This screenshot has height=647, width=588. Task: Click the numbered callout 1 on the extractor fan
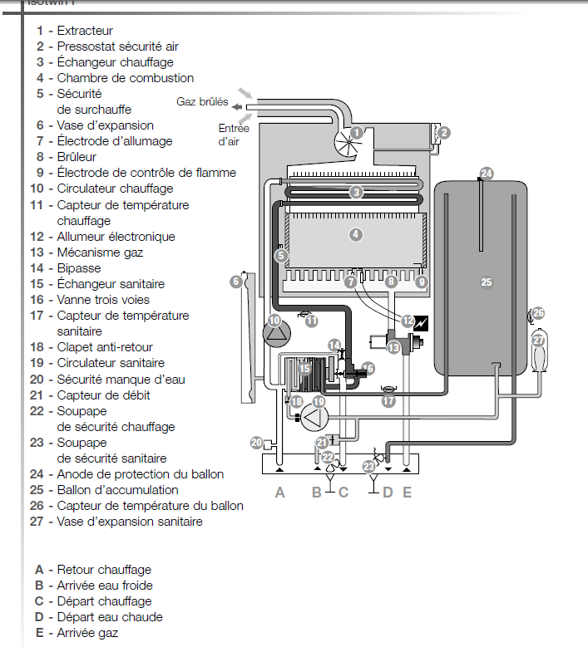[x=356, y=132]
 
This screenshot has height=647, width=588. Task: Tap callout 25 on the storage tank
[x=487, y=282]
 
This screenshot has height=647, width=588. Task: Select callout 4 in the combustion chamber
[x=356, y=235]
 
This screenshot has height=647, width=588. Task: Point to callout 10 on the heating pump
[x=275, y=320]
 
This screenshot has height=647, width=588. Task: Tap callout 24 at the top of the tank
[x=487, y=174]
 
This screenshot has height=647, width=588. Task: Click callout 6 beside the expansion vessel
[x=236, y=282]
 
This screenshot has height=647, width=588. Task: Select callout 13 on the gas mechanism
[x=393, y=347]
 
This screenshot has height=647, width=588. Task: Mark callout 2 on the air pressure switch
[x=444, y=132]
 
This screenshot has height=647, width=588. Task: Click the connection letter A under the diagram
[x=280, y=492]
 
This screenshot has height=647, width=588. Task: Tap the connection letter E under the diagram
[x=407, y=492]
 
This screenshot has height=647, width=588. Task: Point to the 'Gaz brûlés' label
[x=202, y=102]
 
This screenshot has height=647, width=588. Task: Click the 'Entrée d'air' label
[x=234, y=135]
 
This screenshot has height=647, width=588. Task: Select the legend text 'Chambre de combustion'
[x=125, y=78]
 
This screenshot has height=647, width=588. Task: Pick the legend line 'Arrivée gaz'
[x=87, y=633]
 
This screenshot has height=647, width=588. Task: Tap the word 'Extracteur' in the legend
[x=85, y=31]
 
